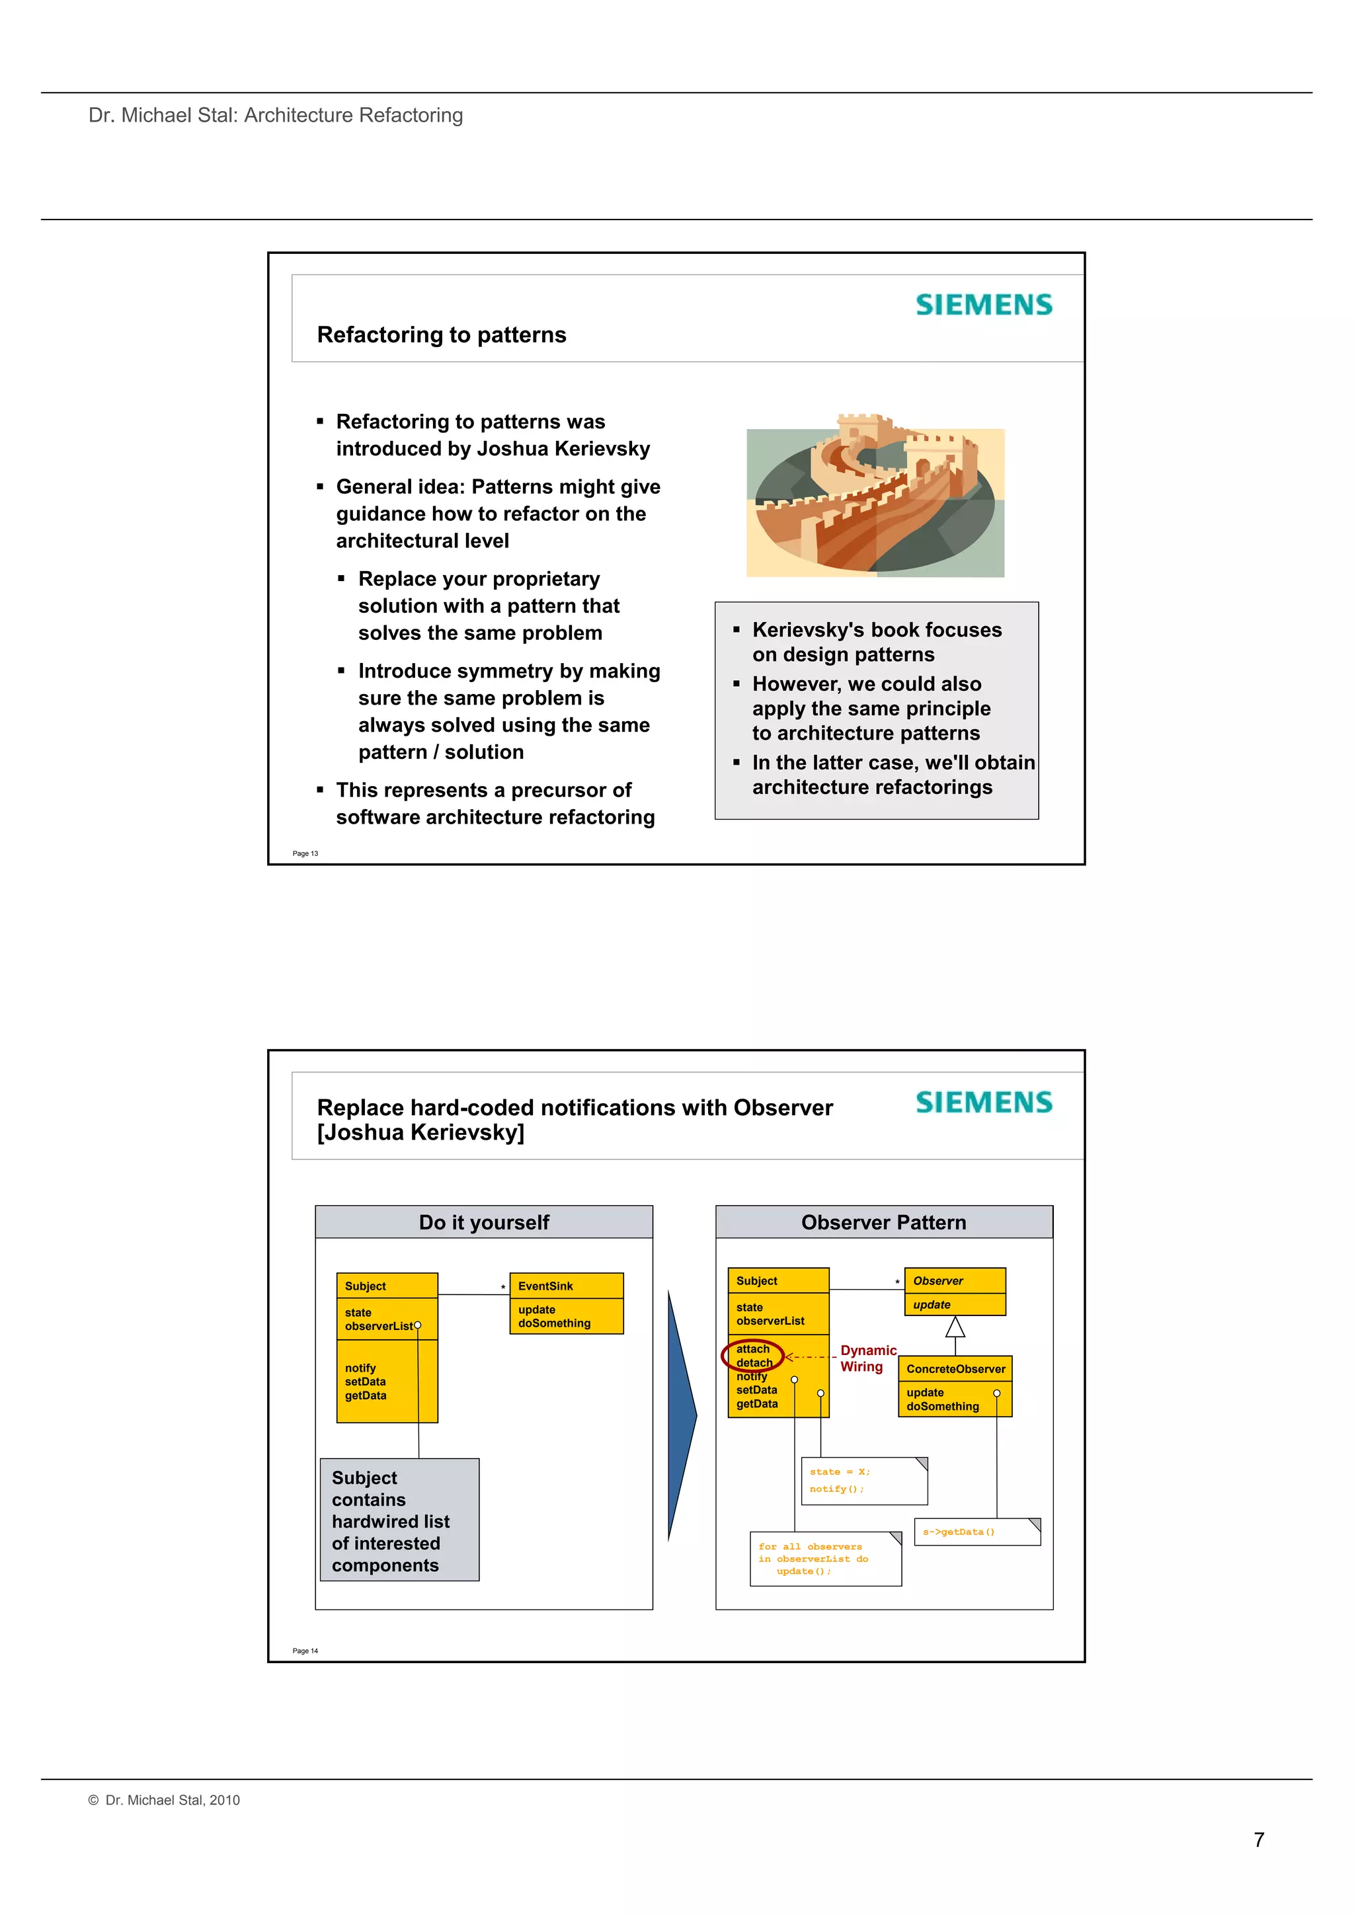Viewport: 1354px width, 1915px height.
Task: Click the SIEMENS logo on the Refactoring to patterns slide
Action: click(984, 305)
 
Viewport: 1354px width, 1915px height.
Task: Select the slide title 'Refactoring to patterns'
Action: click(442, 334)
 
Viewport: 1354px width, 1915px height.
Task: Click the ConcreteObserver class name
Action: click(955, 1369)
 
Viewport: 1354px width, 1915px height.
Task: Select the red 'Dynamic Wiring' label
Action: click(867, 1358)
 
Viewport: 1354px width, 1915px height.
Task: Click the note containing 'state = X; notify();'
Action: click(863, 1481)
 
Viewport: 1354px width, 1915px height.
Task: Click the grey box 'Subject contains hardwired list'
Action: click(399, 1520)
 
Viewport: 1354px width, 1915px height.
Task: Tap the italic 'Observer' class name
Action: click(939, 1280)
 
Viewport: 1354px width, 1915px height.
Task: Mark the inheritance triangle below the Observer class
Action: click(955, 1326)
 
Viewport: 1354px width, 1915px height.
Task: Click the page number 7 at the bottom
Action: click(1259, 1839)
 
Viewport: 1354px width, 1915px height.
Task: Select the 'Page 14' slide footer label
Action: click(305, 1651)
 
